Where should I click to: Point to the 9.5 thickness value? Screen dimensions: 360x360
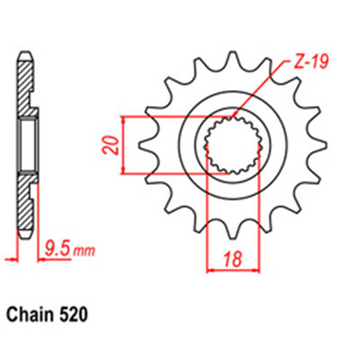61,252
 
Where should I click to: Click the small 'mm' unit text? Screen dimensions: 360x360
84,253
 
